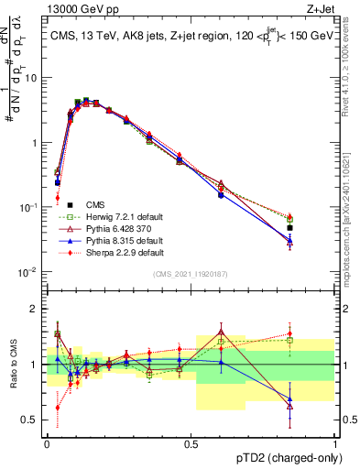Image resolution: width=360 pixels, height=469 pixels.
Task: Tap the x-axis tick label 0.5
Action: click(x=191, y=443)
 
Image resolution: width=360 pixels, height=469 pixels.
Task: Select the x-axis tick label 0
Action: click(x=47, y=443)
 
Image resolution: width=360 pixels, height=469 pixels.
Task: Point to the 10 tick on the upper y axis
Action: click(x=33, y=77)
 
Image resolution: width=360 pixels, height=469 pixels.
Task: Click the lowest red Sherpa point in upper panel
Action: click(x=57, y=197)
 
